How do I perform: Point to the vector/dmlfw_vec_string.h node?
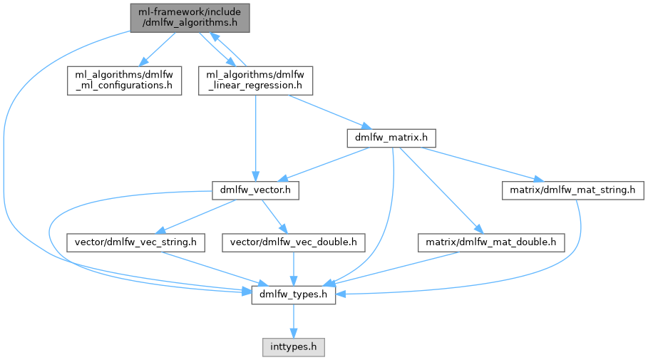135,242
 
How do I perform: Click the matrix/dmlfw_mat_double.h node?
490,242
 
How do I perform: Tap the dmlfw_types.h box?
293,294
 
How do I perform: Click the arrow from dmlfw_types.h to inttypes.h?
293,321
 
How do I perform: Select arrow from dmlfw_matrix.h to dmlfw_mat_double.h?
442,193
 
